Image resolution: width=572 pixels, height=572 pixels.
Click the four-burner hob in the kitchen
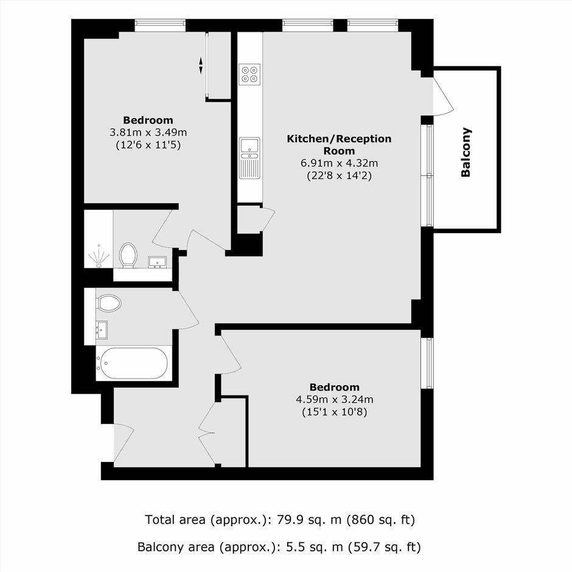(249, 74)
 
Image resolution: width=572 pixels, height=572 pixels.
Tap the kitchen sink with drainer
(249, 158)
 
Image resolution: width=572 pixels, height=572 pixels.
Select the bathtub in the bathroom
(133, 363)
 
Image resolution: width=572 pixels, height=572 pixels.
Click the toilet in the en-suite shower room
(128, 255)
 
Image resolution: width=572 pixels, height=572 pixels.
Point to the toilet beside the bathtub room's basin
(109, 303)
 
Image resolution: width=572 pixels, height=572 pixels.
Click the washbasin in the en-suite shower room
(157, 262)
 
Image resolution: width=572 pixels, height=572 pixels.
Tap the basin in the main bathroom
(102, 330)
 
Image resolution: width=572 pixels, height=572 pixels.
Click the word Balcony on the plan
(466, 152)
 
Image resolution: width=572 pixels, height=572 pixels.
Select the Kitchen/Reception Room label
(339, 144)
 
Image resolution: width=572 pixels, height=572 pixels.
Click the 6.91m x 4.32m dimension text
(340, 163)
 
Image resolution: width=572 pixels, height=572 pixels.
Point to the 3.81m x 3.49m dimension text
(148, 132)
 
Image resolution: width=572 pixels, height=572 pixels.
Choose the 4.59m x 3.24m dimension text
(335, 399)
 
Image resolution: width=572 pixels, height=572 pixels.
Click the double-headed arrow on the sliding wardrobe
(201, 66)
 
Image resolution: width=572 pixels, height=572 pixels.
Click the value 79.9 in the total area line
(290, 520)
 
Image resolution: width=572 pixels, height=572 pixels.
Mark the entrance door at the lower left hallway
(124, 443)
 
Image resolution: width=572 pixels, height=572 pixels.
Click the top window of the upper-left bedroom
(160, 26)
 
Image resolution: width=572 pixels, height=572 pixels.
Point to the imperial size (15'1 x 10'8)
(335, 412)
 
